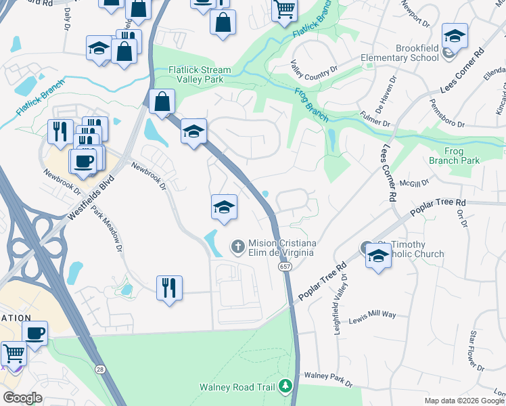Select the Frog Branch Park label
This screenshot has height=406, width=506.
pos(454,156)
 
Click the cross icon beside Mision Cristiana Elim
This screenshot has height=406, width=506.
pos(237,247)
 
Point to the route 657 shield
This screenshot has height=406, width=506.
pos(285,268)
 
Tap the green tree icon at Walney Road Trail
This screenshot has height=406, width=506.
pos(285,386)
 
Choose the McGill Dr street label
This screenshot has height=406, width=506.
pos(415,182)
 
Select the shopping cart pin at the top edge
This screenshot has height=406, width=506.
pos(285,9)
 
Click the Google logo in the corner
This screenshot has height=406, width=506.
pos(22,398)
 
